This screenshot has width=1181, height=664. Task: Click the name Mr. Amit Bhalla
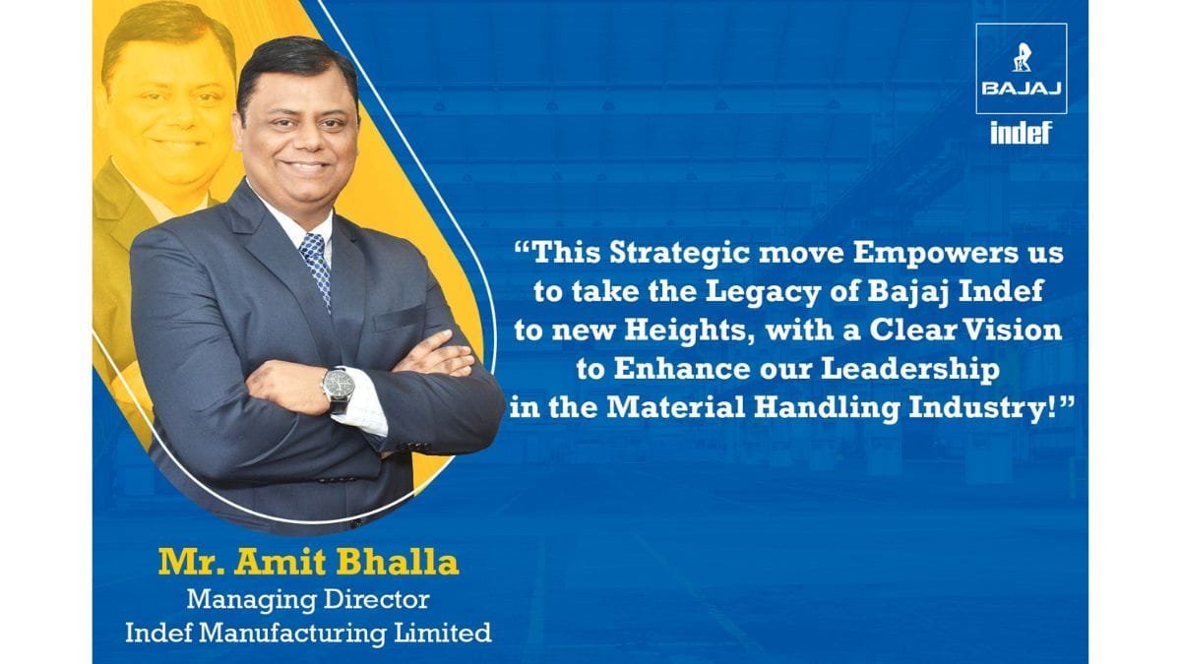(307, 564)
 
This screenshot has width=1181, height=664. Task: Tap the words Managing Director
(307, 598)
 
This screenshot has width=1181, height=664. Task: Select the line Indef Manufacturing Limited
(307, 632)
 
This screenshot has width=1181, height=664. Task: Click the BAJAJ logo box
(1021, 69)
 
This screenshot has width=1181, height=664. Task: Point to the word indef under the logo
(1021, 133)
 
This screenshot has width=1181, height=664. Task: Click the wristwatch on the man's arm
(338, 388)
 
